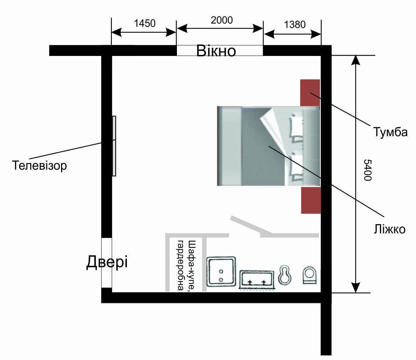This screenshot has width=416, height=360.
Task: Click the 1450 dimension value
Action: tap(145, 23)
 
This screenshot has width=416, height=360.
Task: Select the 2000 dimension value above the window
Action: tap(222, 20)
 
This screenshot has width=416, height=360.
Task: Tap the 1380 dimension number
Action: tap(295, 24)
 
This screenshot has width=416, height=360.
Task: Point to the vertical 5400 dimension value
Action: tap(367, 170)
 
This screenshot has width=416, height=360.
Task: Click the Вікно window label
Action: tap(216, 51)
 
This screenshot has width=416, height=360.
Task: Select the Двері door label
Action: tap(107, 262)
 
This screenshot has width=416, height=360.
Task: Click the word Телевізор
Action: tap(39, 165)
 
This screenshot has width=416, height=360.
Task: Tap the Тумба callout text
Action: tap(390, 132)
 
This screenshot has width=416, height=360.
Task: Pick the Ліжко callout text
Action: tap(390, 229)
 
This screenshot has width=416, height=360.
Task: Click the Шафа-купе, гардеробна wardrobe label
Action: tap(186, 265)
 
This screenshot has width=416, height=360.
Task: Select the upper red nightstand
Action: tap(310, 93)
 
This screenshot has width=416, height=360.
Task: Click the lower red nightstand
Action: tap(311, 200)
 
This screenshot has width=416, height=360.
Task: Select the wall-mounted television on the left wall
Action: tap(114, 146)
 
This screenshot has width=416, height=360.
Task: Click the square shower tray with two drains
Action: tap(221, 272)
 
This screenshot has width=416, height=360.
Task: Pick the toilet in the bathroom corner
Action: tap(310, 275)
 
